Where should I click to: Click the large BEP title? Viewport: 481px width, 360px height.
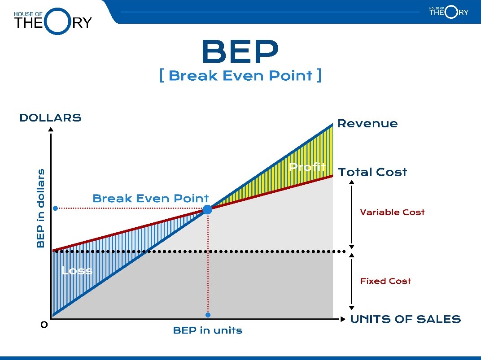click(x=240, y=52)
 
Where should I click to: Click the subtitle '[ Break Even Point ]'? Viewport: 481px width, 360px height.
click(x=240, y=76)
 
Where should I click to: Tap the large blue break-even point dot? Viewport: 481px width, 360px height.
click(x=207, y=209)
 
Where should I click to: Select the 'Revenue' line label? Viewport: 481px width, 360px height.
click(x=367, y=123)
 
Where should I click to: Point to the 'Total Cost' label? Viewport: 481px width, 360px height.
click(x=372, y=172)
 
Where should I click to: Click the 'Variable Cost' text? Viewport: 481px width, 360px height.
click(x=392, y=212)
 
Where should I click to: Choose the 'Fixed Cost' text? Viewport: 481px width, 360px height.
click(x=385, y=281)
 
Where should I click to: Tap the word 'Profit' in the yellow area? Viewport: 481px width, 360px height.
click(x=307, y=167)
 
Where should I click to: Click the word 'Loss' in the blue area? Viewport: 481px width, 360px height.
click(x=77, y=270)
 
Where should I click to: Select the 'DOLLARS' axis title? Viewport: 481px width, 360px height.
click(x=51, y=117)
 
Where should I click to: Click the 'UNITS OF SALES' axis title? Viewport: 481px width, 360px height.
click(x=406, y=319)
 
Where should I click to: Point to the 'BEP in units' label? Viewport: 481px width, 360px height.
click(x=208, y=330)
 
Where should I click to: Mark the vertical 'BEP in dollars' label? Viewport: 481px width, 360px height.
click(x=40, y=208)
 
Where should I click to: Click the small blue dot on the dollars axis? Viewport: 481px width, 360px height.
click(x=56, y=208)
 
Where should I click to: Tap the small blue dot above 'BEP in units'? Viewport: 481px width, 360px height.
click(x=208, y=315)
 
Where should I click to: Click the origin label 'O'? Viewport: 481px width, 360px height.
click(x=44, y=325)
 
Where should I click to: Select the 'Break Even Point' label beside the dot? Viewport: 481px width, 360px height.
click(x=151, y=198)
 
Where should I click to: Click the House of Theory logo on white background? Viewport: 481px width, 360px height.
click(x=53, y=22)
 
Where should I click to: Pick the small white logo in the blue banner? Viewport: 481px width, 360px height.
click(x=449, y=12)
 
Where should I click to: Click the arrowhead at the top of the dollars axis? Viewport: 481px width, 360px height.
click(x=51, y=129)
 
